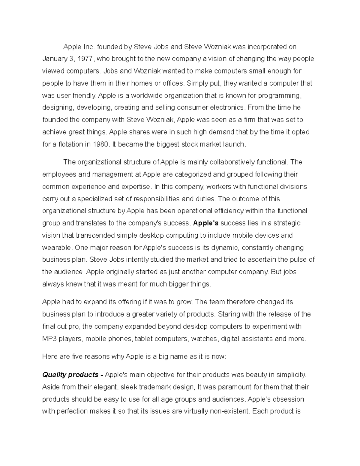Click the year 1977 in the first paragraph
tap(85, 59)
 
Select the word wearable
tap(57, 248)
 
